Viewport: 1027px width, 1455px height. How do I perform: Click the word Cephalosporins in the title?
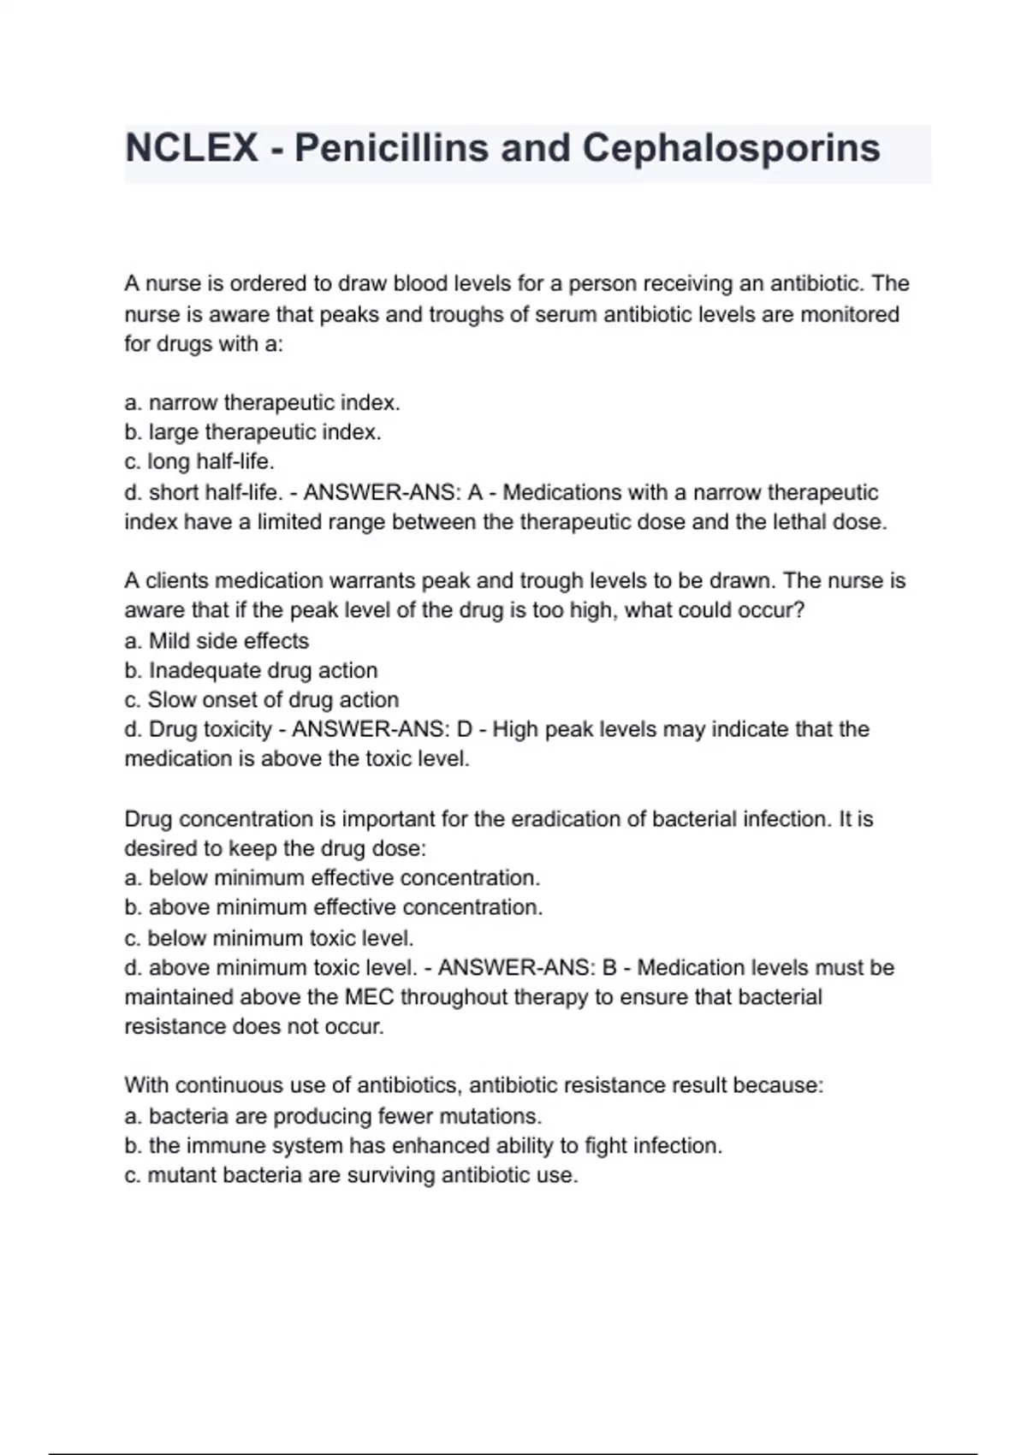tap(731, 148)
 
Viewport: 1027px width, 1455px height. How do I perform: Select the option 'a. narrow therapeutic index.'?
tap(262, 402)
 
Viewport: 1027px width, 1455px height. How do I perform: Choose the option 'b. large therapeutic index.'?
tap(252, 432)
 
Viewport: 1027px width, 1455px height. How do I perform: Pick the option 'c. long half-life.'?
tap(199, 462)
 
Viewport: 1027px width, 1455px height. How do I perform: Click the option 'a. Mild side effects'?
tap(217, 640)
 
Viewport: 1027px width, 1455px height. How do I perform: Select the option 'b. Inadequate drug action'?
tap(251, 670)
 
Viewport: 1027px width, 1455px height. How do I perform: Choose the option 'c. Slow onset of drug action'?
tap(262, 699)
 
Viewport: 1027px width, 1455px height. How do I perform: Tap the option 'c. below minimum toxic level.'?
tap(269, 938)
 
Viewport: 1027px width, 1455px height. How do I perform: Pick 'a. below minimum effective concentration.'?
tap(332, 878)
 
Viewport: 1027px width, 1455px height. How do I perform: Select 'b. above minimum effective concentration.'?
tap(334, 907)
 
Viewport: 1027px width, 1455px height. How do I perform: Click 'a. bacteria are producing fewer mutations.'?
tap(333, 1116)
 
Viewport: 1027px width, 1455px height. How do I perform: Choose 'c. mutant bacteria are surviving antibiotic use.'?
tap(351, 1175)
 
